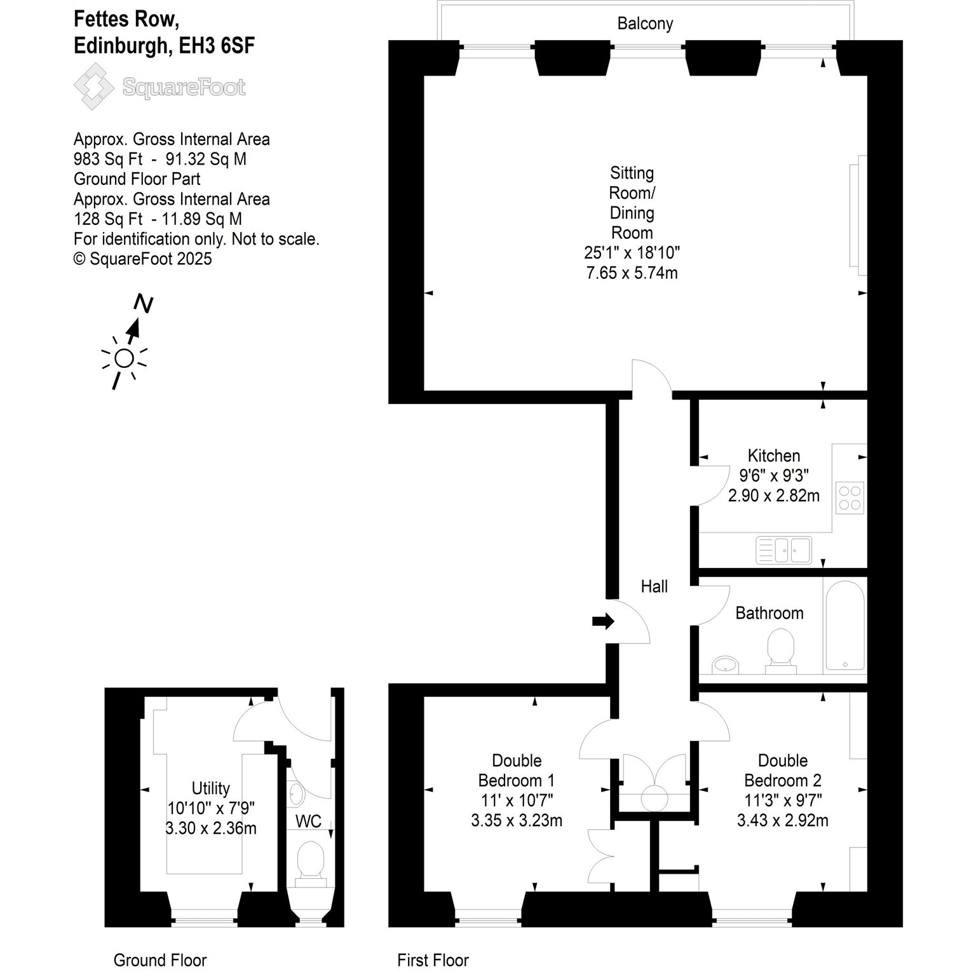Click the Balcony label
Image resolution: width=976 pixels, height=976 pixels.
[645, 24]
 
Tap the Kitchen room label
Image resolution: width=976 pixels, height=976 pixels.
[773, 456]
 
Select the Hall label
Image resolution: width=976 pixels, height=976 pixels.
[654, 586]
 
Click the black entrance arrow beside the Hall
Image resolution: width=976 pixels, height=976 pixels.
[603, 621]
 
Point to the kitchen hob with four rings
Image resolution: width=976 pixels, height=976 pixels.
[850, 498]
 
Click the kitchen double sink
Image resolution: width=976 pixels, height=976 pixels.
[784, 550]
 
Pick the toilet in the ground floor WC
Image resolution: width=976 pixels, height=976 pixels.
[311, 863]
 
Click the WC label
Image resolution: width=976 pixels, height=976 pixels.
[308, 822]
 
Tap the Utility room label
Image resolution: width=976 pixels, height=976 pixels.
[210, 789]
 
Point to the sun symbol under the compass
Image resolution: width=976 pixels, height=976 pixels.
[124, 359]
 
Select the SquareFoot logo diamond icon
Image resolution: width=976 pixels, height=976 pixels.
[95, 87]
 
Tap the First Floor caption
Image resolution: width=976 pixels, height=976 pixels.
[433, 960]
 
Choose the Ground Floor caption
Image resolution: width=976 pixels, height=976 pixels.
[159, 960]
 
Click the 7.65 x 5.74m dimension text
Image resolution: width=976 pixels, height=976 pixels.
[632, 273]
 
